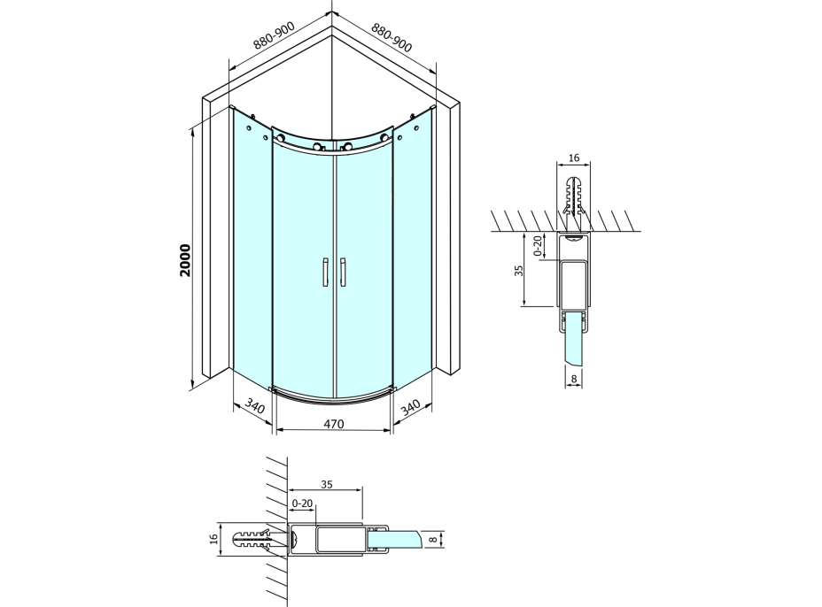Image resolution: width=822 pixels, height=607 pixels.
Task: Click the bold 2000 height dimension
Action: [185, 260]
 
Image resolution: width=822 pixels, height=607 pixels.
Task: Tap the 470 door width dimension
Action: [334, 423]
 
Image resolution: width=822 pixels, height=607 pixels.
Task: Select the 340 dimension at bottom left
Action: [255, 406]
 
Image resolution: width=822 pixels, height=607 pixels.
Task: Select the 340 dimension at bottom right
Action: [411, 407]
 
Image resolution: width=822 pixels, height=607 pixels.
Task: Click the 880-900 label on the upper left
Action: [275, 35]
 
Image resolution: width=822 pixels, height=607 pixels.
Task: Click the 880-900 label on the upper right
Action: [392, 36]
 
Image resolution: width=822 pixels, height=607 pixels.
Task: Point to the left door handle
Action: [325, 272]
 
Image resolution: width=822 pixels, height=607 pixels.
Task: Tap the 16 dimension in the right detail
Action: [574, 158]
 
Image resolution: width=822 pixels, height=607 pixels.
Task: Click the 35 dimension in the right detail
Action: [518, 271]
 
